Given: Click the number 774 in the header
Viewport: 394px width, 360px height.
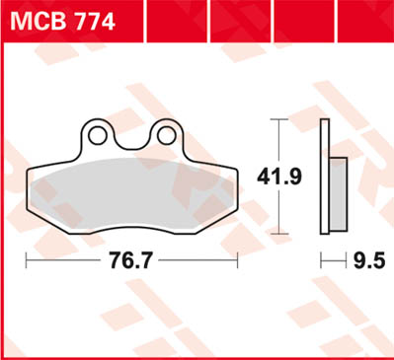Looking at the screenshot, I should [x=94, y=17].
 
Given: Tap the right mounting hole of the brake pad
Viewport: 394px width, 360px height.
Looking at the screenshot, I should [x=166, y=133].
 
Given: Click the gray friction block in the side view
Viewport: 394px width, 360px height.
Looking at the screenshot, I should [x=337, y=193].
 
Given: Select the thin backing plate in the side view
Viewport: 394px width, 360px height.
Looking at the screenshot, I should [x=325, y=178].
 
